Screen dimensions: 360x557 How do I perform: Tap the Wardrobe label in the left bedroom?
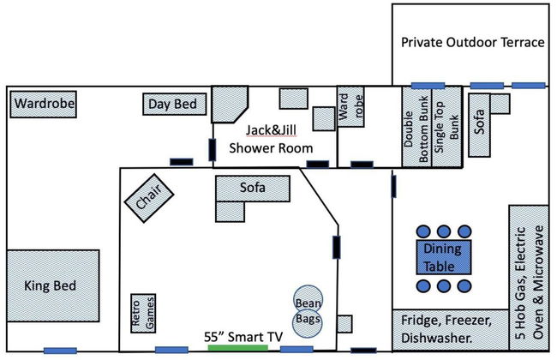44,105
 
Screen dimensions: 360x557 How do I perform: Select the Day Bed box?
175,105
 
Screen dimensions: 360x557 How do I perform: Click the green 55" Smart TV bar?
243,348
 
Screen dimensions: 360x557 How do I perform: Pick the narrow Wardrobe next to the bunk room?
353,107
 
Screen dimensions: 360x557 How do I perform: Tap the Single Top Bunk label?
446,128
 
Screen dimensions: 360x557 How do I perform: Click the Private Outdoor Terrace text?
472,42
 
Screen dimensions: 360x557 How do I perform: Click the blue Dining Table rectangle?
442,257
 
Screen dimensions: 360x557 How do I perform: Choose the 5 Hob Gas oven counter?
528,274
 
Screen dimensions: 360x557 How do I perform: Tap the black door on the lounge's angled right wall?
336,248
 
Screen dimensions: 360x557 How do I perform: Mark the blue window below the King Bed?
61,350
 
